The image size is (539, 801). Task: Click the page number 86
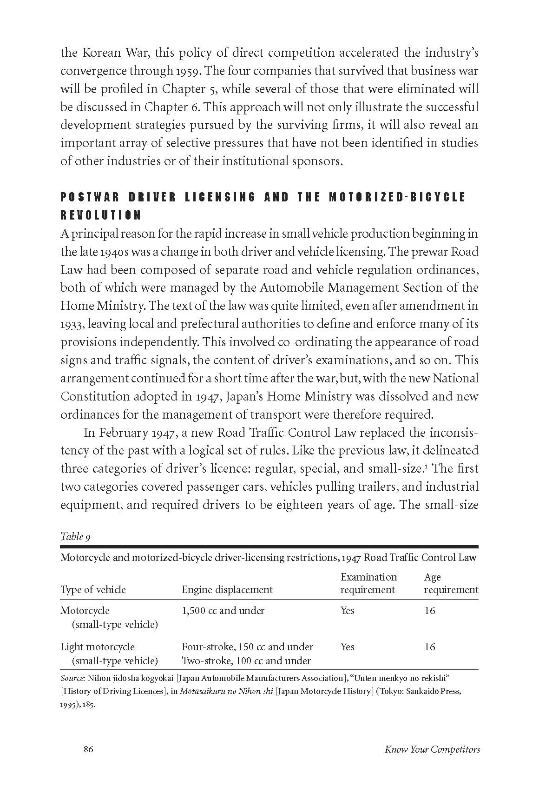88,749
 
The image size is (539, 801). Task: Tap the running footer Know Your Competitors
432,749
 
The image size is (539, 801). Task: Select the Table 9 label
75,536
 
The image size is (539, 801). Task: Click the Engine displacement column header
227,589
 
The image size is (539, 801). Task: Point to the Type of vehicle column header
93,589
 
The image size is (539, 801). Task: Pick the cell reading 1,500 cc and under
223,610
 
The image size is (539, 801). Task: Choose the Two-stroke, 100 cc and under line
246,661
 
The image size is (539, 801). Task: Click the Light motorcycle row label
98,647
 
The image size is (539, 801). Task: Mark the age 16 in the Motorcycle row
429,610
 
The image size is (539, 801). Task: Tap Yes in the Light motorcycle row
347,647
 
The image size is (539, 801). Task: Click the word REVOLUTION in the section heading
101,215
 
